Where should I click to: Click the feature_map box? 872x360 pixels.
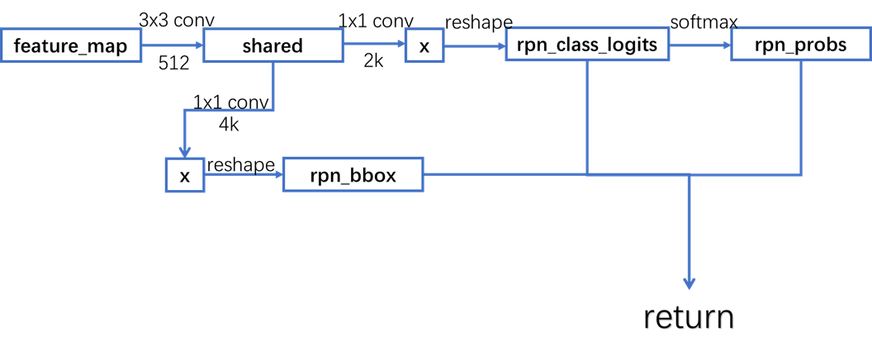[70, 46]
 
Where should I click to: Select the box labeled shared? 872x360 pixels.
[272, 46]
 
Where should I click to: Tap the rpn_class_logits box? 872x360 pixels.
[587, 45]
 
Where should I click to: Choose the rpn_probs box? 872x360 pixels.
[800, 45]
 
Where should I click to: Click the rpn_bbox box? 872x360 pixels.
[353, 175]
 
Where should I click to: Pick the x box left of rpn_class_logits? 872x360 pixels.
[424, 46]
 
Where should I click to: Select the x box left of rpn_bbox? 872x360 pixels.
[185, 175]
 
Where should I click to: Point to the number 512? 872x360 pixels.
[174, 64]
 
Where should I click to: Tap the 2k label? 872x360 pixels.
[373, 62]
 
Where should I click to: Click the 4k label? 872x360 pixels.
[230, 124]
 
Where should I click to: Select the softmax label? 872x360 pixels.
[703, 21]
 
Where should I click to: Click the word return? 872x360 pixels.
[689, 317]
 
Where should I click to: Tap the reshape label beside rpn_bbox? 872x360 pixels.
[240, 164]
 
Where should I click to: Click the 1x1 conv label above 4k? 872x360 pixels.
[231, 102]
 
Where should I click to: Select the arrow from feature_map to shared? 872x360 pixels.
[169, 46]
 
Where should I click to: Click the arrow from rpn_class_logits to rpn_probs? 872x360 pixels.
[700, 46]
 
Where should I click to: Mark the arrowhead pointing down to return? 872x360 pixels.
[689, 282]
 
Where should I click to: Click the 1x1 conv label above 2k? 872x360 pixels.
[376, 21]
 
